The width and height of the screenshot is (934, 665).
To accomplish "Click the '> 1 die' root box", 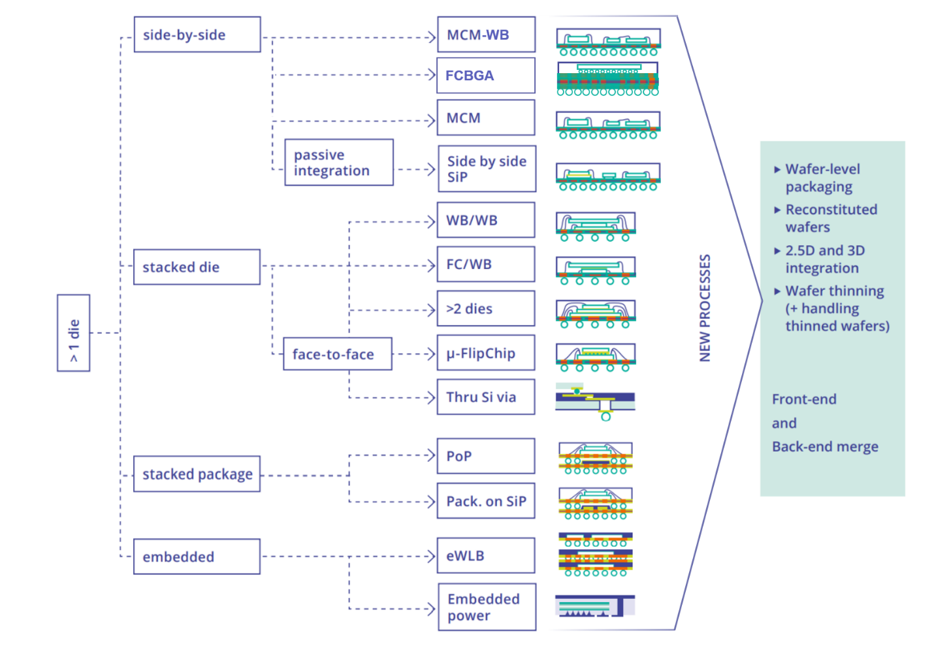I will point(73,333).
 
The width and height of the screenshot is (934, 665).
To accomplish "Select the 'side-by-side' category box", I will point(197,35).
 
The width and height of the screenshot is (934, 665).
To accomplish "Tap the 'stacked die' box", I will point(197,267).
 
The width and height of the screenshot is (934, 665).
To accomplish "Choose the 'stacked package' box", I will point(197,474).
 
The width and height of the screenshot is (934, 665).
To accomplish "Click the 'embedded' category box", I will point(197,557).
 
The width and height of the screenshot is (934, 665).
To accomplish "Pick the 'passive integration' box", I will point(338,163).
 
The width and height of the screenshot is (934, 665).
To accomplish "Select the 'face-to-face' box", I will point(337,354).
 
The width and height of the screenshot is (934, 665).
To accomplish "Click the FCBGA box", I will point(486,76).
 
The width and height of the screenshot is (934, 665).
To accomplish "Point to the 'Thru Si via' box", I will point(486,397).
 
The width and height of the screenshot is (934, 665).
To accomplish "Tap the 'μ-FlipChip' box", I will point(486,353).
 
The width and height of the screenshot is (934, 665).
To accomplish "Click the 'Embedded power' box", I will point(487,607).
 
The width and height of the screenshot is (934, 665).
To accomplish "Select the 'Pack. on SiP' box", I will point(486,501).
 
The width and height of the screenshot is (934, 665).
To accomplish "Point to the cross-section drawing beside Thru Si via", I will point(595,400).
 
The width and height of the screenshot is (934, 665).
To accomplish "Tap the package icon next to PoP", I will point(595,457).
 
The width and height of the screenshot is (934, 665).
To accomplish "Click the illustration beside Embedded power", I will point(594,606).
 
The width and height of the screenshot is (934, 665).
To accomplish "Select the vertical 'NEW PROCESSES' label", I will point(705,308).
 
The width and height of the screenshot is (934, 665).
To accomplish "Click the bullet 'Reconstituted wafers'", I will point(830,218).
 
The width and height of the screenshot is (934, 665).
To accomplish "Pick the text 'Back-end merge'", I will point(825,447).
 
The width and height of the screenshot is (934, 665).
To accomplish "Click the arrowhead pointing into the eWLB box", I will point(431,557).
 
